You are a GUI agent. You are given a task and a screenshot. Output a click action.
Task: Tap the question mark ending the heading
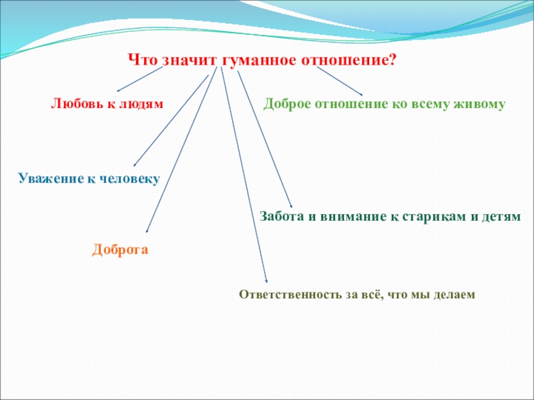[x=392, y=60]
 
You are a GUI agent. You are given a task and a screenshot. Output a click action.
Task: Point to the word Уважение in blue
[x=51, y=178]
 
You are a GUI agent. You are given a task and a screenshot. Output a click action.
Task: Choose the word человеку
[x=129, y=179]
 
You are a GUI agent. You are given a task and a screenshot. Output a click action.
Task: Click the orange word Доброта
[x=120, y=249]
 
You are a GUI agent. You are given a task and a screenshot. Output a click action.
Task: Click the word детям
[x=501, y=217]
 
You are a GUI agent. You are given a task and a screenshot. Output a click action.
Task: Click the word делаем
[x=455, y=295]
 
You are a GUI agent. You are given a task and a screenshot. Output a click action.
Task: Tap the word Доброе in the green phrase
[x=287, y=104]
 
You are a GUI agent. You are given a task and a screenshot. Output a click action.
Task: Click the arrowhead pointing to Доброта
[x=147, y=231]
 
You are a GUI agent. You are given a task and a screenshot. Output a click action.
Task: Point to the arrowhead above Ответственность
[x=266, y=281]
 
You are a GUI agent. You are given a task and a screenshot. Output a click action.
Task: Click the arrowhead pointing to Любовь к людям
[x=118, y=91]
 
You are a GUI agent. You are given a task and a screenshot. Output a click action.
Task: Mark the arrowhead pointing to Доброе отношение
[x=361, y=94]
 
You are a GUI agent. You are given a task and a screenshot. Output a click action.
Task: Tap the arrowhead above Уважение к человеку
[x=135, y=165]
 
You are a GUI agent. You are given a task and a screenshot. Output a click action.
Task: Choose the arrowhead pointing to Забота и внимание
[x=291, y=206]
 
